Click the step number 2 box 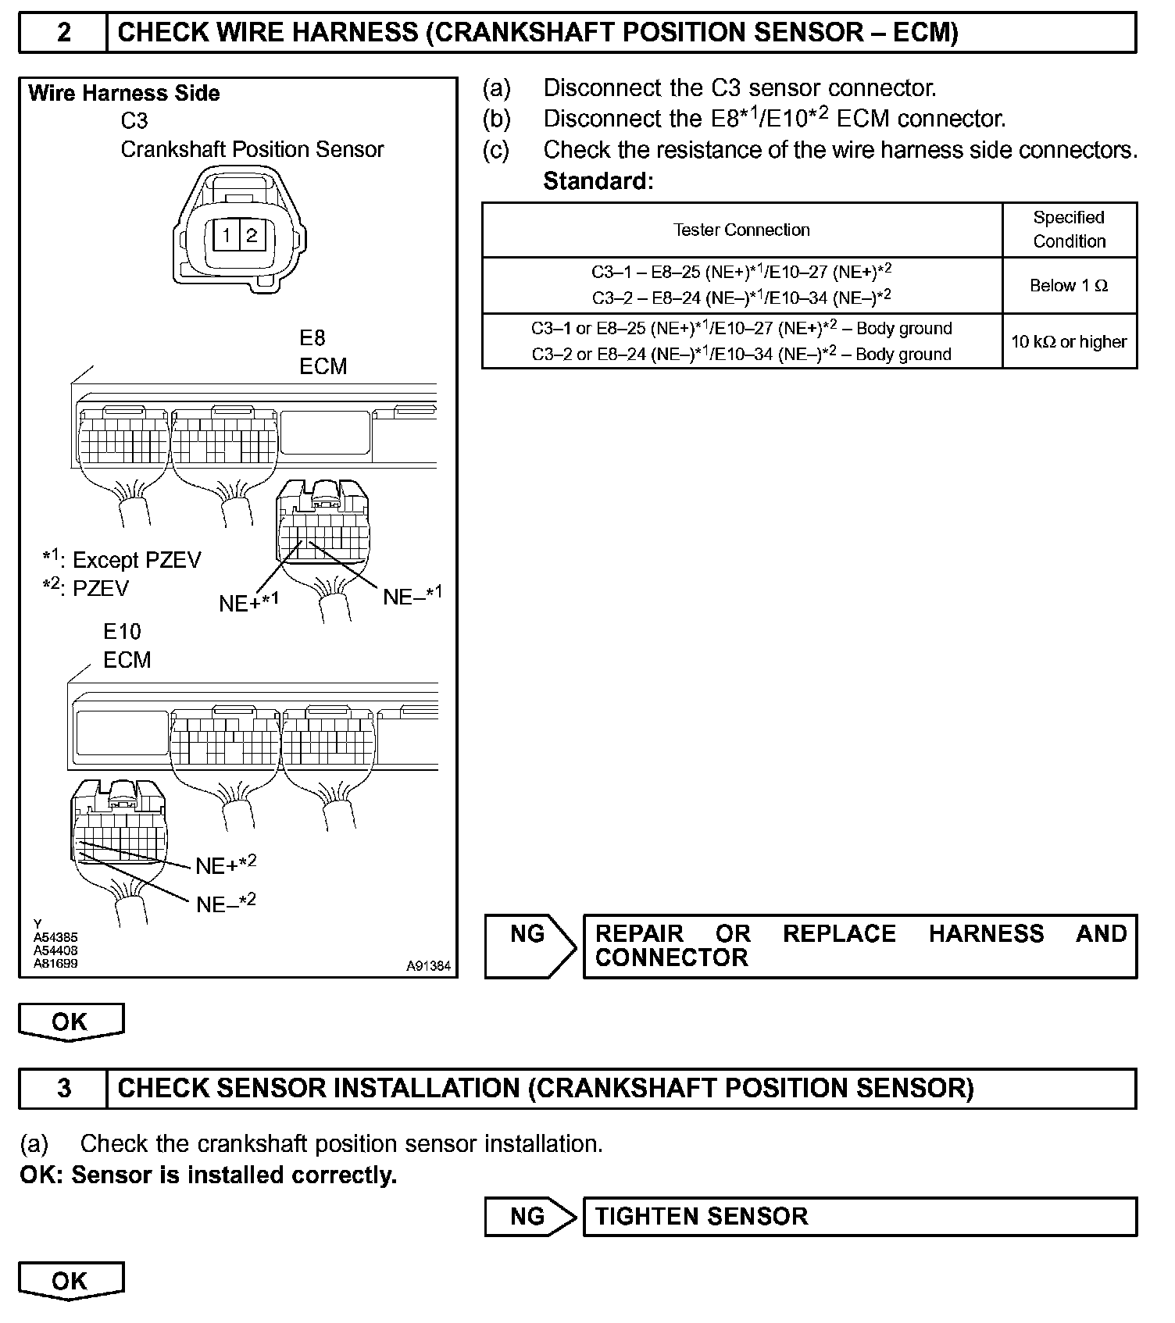(63, 33)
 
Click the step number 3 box (63, 1088)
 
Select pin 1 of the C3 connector (227, 235)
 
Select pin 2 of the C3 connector (252, 235)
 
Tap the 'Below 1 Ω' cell (1069, 286)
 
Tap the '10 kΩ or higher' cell (1069, 342)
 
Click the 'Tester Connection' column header (741, 230)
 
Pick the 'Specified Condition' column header (1069, 230)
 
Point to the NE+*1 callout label (248, 603)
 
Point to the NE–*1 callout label (412, 596)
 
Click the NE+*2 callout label (226, 865)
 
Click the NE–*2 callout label (226, 904)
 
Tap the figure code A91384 (428, 966)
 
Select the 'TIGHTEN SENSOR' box (859, 1217)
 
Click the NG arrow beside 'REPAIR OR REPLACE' (530, 946)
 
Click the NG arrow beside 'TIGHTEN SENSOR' (530, 1217)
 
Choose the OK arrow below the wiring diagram (70, 1022)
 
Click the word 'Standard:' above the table (598, 181)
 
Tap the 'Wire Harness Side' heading (123, 94)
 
